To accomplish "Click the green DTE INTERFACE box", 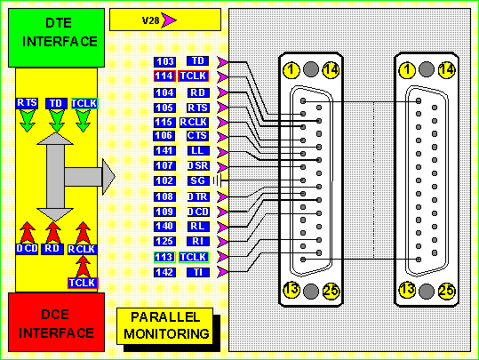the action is [x=57, y=37].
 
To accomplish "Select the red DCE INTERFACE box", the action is [x=57, y=322].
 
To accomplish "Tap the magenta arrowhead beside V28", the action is [x=168, y=20].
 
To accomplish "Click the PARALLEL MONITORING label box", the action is [x=165, y=326].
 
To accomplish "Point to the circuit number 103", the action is [x=164, y=61].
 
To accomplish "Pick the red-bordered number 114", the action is [x=164, y=76].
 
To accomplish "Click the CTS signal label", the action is [x=197, y=136].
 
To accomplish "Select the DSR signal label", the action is [x=198, y=165].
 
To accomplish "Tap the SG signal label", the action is [x=198, y=180].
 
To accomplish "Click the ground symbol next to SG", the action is [x=217, y=181].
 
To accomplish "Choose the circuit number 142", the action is [x=164, y=272].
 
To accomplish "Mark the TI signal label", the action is [x=198, y=272].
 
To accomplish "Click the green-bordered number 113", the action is [x=164, y=257].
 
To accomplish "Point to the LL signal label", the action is [x=198, y=150].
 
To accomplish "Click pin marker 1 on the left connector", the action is [x=291, y=69].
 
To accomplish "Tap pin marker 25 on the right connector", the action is [x=447, y=291].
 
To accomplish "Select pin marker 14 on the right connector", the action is [x=447, y=69].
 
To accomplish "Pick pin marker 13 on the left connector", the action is [x=291, y=290].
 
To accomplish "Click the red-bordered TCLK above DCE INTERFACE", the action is [x=83, y=283].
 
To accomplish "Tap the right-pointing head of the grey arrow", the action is [x=108, y=177].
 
